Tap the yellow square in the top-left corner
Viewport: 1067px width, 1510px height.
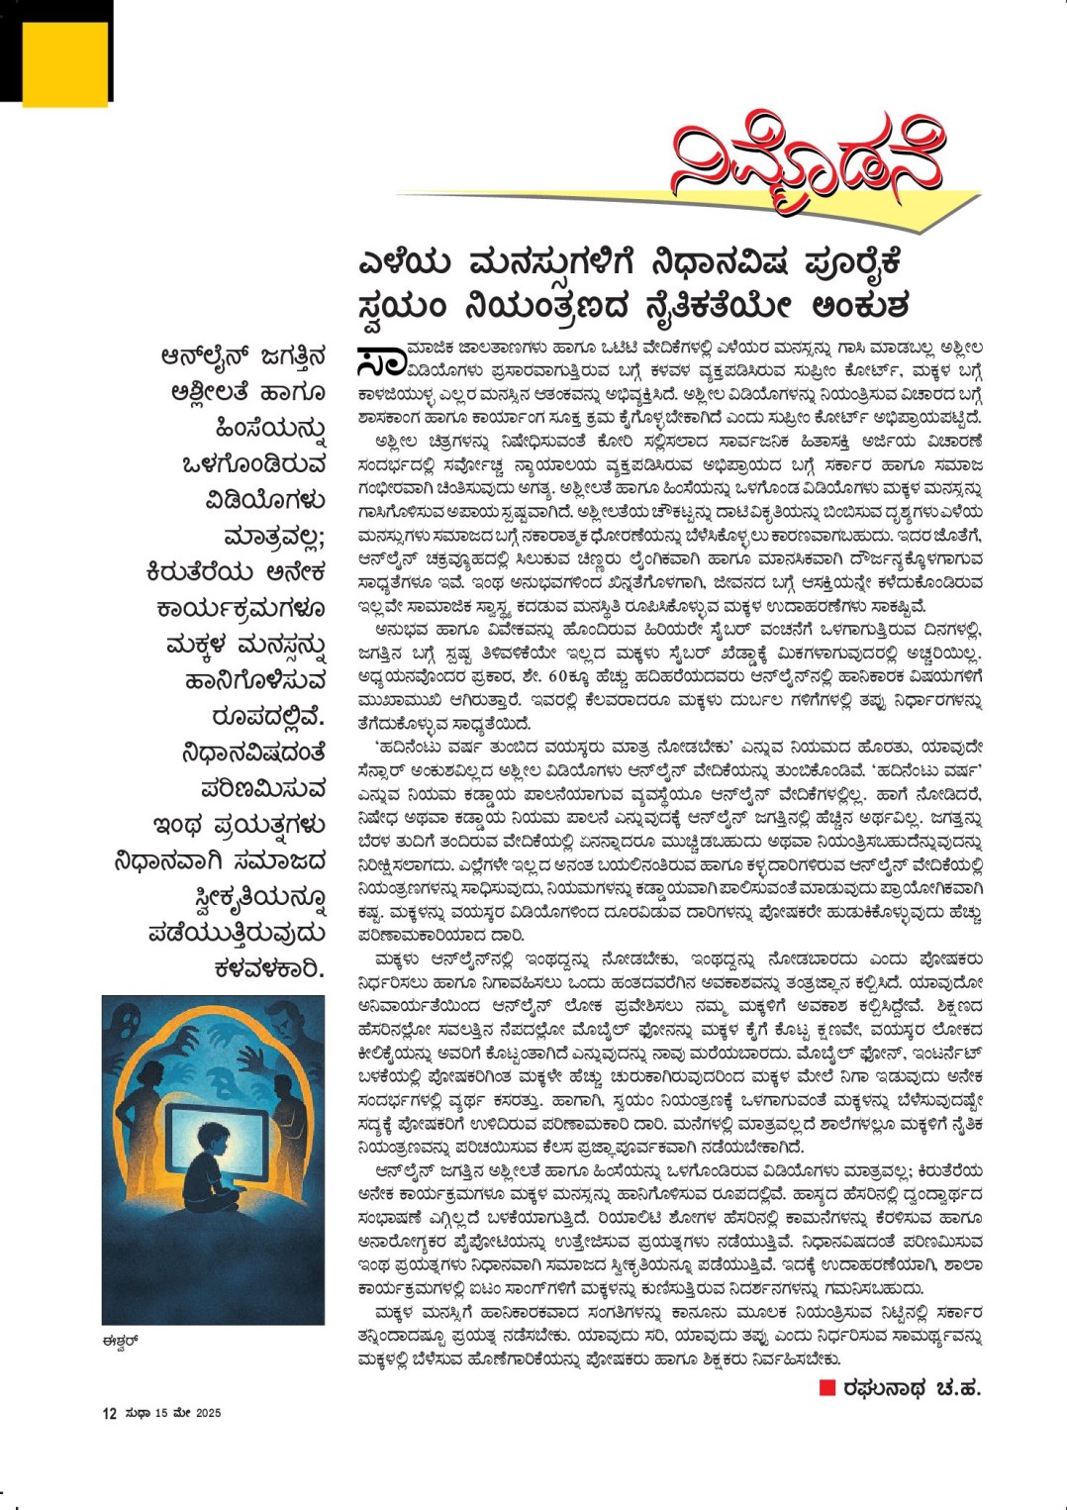[x=64, y=62]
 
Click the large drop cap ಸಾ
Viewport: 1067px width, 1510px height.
[x=380, y=361]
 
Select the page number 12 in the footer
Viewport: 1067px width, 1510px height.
[x=110, y=1413]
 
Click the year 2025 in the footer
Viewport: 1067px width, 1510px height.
[x=208, y=1413]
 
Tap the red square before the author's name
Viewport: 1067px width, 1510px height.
[x=827, y=1388]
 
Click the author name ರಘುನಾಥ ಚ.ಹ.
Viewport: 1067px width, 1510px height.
[x=912, y=1388]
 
